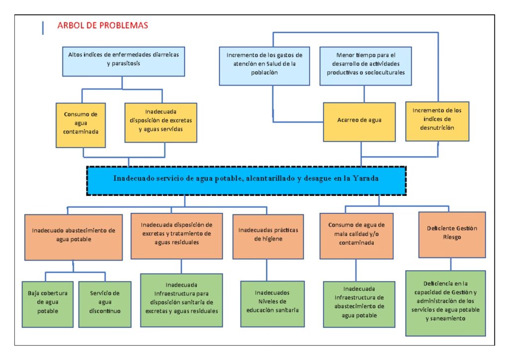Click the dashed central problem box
(246, 180)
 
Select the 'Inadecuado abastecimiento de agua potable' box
(74, 237)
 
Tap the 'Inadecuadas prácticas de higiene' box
(268, 236)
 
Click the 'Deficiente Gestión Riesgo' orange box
(451, 234)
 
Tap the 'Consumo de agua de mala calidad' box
(356, 236)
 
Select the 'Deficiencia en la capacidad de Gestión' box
(445, 302)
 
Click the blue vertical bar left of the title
(43, 27)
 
